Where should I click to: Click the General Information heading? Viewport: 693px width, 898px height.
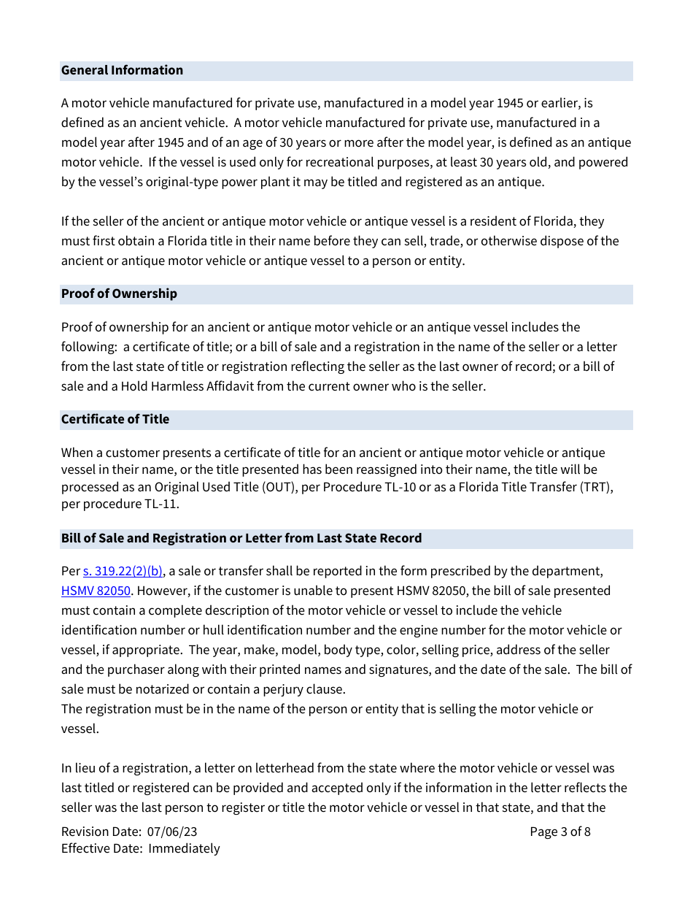coord(122,70)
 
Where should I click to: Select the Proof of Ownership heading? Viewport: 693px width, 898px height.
coord(119,293)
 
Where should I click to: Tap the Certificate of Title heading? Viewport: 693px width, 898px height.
coord(115,419)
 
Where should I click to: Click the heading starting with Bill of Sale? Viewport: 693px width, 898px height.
coord(241,538)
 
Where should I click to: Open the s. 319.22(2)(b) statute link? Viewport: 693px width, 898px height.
coord(123,571)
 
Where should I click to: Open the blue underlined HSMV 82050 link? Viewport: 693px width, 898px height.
coord(96,591)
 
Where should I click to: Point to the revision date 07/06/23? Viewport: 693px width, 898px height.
coord(172,832)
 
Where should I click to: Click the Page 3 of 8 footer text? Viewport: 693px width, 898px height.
coord(560,832)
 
